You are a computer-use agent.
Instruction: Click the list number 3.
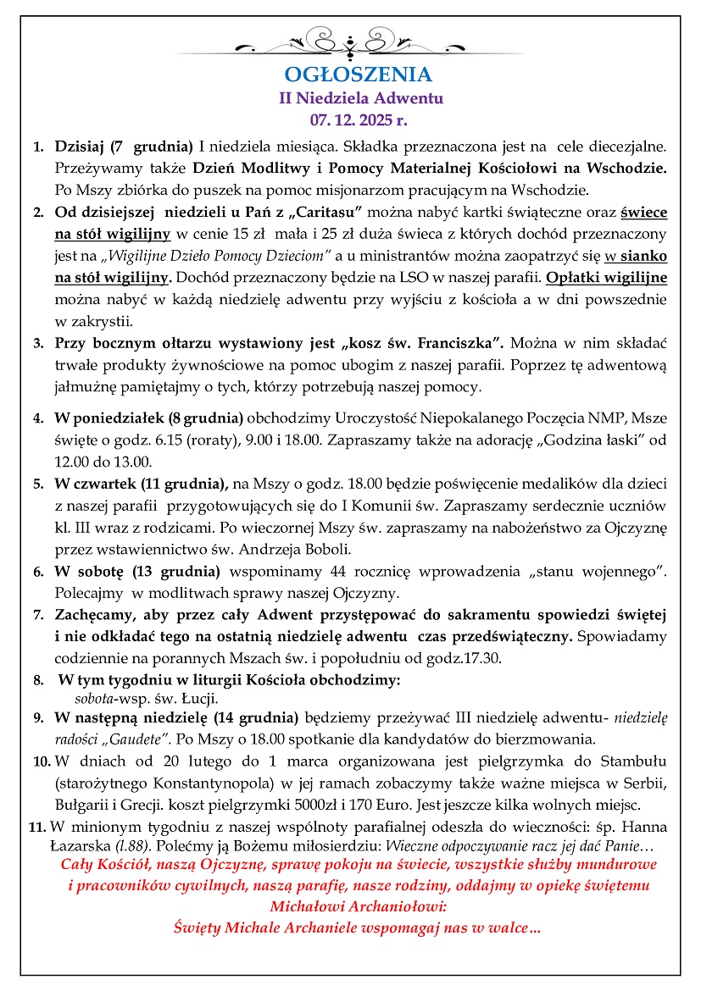[38, 343]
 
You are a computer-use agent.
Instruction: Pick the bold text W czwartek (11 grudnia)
[142, 484]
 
